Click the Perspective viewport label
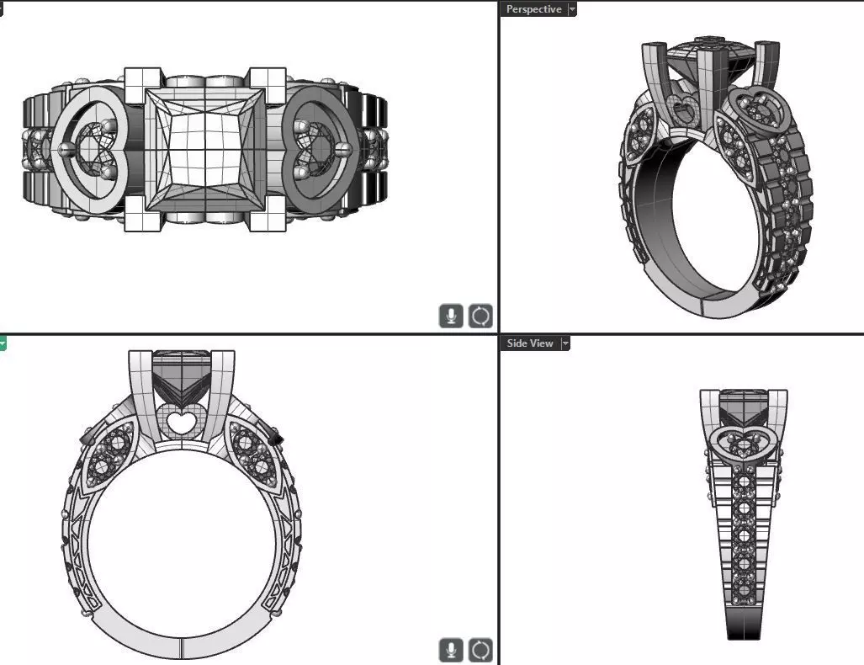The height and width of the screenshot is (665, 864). pos(533,9)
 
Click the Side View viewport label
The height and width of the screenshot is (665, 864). pos(530,343)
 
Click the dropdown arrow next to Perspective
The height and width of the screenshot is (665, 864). pos(573,9)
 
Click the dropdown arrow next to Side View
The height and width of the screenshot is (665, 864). pos(565,343)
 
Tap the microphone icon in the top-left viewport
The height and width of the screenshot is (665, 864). pos(452,317)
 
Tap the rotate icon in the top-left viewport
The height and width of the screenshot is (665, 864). pos(480,317)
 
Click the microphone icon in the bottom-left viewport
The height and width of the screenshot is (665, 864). pos(452,650)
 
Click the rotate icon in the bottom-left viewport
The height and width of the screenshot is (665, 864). pos(480,650)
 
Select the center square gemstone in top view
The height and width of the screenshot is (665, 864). pos(204,149)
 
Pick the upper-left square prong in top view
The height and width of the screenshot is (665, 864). pos(140,84)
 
